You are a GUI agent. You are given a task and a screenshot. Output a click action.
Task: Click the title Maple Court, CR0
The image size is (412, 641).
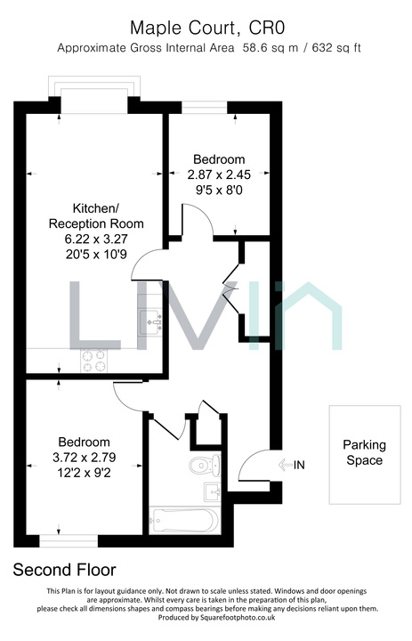(207, 28)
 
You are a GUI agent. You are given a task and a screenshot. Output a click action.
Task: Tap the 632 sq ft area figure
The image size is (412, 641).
(336, 48)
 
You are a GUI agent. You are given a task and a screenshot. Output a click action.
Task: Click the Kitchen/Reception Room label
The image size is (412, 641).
(96, 215)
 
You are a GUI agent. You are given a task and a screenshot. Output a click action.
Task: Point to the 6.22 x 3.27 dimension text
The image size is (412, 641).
(96, 239)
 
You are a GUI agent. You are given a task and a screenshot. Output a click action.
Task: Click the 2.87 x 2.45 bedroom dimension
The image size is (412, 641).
(219, 174)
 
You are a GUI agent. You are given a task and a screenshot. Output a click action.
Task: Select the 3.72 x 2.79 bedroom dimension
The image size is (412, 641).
(85, 457)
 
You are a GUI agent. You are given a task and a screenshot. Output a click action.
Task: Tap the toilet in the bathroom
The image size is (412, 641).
(206, 465)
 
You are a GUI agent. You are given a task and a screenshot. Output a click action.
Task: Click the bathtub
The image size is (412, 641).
(185, 521)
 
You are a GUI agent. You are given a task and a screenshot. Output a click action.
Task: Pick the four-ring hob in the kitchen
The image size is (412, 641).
(94, 361)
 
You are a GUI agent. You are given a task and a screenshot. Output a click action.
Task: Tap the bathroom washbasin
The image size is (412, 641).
(213, 491)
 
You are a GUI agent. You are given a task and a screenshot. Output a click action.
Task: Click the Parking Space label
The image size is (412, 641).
(364, 452)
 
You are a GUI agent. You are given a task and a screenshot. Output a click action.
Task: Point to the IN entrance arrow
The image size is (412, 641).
(287, 465)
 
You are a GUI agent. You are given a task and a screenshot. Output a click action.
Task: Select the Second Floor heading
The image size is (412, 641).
(65, 570)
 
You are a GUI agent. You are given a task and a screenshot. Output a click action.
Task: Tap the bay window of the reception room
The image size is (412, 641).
(94, 94)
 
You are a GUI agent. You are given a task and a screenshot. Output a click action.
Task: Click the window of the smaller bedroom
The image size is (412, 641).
(205, 108)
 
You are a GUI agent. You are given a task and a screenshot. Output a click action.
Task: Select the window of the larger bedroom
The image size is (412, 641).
(69, 541)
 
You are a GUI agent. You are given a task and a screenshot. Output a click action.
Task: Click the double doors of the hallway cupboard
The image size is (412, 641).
(231, 290)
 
